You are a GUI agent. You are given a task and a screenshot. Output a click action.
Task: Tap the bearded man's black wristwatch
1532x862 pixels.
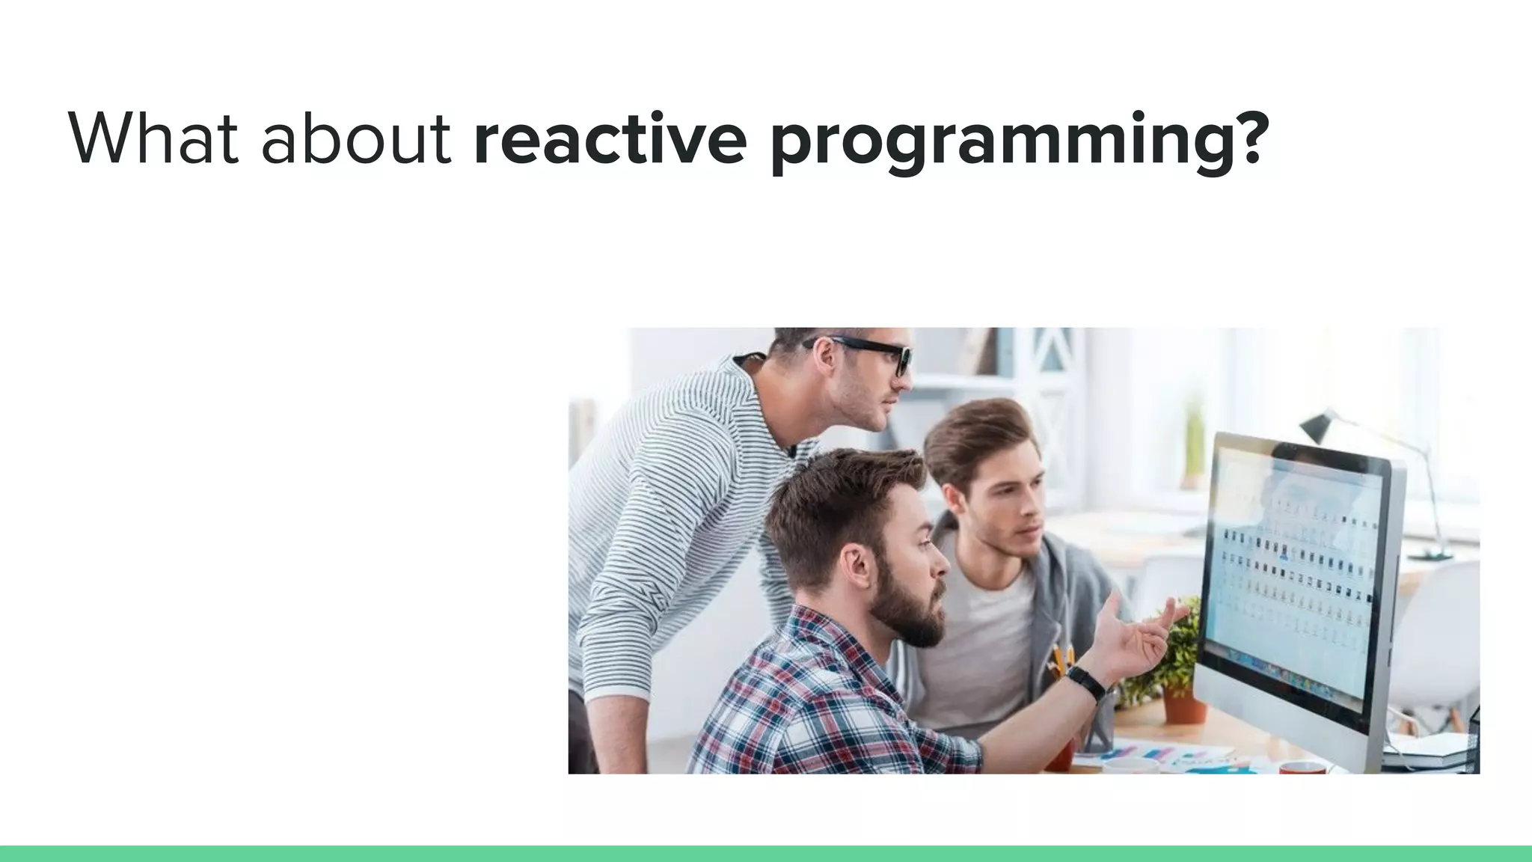pos(1086,682)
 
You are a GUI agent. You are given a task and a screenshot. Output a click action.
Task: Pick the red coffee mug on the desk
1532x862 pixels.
pos(1302,767)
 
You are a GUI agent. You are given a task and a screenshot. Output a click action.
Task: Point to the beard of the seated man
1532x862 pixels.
pos(909,614)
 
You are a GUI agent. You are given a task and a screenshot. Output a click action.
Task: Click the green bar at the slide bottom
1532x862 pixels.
pos(766,853)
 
